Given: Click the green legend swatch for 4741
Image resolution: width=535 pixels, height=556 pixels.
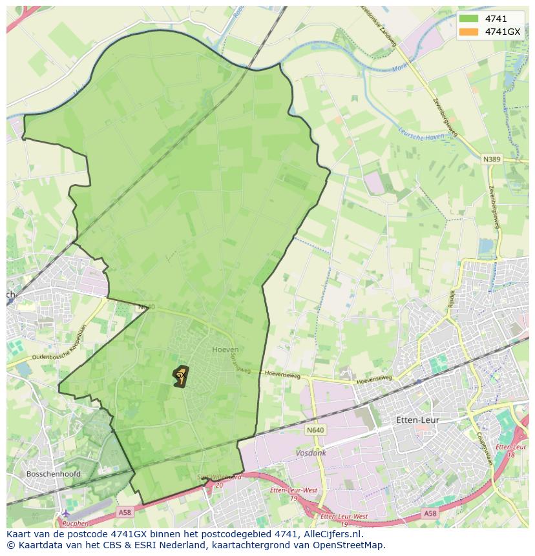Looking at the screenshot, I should [469, 19].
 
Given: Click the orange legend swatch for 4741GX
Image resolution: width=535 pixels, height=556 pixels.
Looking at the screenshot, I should [469, 32].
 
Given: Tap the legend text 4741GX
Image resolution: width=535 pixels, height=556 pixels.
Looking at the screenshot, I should [503, 32].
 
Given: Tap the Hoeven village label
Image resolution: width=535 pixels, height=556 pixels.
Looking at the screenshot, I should [225, 349].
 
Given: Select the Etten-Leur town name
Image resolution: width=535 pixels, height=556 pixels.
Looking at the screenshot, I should [417, 420].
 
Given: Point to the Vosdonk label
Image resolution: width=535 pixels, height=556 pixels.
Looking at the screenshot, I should [310, 453].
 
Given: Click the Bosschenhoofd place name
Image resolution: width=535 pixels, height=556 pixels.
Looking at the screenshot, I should [54, 473].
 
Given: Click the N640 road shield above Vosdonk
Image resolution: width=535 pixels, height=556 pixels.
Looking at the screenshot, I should [316, 430].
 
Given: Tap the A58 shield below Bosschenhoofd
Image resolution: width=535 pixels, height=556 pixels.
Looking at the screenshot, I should [125, 512].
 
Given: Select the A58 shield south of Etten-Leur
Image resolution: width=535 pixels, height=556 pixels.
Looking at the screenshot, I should [430, 513].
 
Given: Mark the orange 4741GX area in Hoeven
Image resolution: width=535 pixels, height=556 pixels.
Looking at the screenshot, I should [180, 376].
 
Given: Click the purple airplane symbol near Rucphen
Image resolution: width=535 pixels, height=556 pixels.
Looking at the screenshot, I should [65, 513].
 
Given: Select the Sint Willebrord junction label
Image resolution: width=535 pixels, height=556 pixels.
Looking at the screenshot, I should [219, 477].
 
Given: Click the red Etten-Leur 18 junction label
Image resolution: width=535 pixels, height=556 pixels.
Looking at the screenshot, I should [512, 450].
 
